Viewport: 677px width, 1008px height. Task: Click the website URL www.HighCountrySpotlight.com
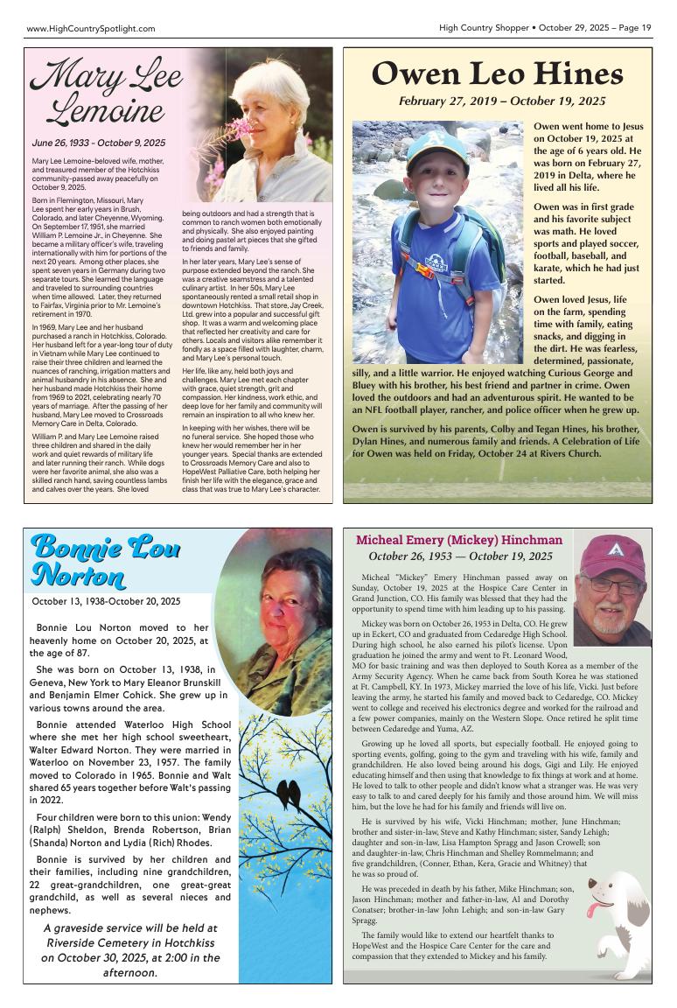tap(91, 29)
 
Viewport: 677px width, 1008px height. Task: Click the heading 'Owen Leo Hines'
tap(497, 74)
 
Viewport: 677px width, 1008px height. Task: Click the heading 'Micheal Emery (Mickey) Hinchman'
tap(458, 540)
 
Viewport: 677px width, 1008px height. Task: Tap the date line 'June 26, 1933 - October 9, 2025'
tap(98, 143)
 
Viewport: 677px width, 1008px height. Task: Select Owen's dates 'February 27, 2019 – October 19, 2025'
tap(501, 101)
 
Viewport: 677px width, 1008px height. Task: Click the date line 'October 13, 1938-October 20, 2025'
tap(106, 601)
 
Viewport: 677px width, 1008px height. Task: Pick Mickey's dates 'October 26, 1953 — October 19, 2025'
tap(460, 556)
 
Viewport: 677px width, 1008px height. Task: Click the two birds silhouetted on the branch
tap(288, 794)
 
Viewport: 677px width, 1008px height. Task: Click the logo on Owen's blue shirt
tap(435, 261)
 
